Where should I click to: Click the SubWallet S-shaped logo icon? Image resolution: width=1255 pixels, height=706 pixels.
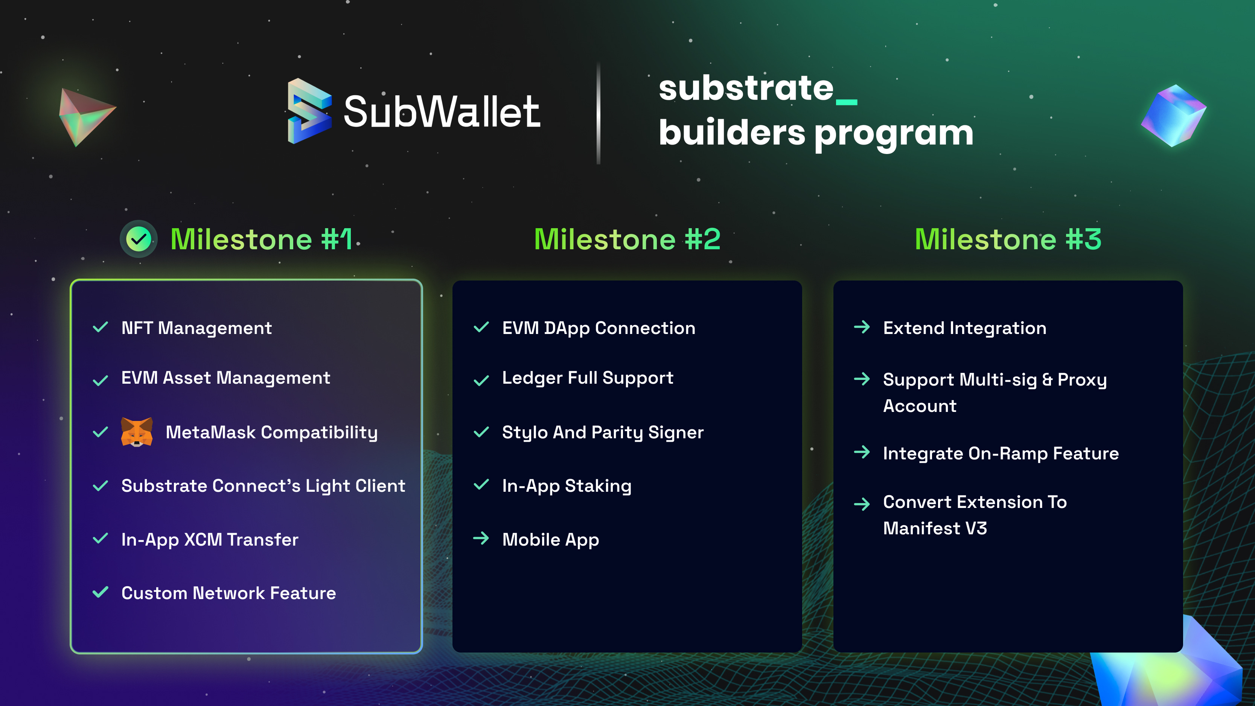point(309,111)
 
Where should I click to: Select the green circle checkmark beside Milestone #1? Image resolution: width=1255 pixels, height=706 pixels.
point(139,239)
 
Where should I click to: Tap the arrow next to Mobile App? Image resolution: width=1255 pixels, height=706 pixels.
point(481,538)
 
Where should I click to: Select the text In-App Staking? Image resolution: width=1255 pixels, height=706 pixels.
point(567,486)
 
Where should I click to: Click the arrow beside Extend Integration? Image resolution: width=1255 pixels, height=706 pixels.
point(862,327)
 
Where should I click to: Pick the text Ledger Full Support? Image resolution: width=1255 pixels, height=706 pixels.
point(588,378)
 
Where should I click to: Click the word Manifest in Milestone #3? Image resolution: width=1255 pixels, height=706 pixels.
point(914,528)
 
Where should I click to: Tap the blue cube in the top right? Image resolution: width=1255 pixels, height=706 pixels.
point(1174,116)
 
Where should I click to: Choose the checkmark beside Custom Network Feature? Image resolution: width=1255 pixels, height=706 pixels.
point(101,592)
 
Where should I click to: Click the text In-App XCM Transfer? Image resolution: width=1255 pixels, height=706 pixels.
point(210,539)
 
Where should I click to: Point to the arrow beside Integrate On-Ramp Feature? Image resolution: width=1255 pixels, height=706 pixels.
point(862,452)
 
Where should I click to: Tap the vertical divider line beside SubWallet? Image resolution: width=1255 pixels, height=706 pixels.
point(598,113)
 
